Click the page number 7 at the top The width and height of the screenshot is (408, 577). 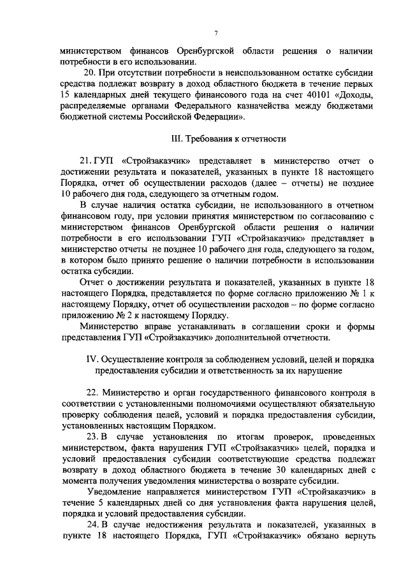pyautogui.click(x=216, y=34)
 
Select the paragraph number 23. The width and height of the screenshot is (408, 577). pyautogui.click(x=91, y=436)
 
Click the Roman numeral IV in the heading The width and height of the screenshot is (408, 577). pyautogui.click(x=91, y=359)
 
